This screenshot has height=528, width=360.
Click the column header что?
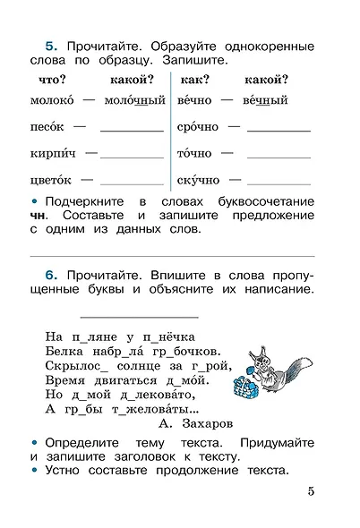pos(47,80)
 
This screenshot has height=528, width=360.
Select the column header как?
pos(194,80)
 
